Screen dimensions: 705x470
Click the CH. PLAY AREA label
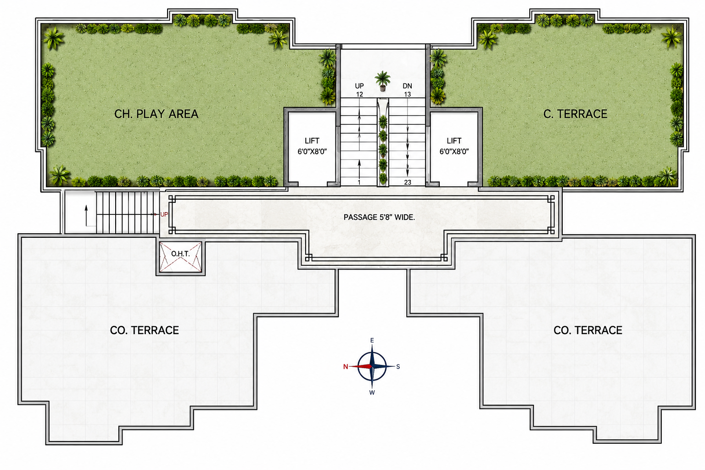pyautogui.click(x=156, y=114)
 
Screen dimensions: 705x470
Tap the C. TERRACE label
pyautogui.click(x=575, y=114)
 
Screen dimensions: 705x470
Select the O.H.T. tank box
pyautogui.click(x=180, y=257)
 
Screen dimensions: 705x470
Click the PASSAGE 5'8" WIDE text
pyautogui.click(x=379, y=217)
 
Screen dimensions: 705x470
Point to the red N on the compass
pyautogui.click(x=346, y=366)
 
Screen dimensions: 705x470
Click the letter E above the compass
pyautogui.click(x=372, y=340)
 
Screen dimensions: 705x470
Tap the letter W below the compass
pyautogui.click(x=372, y=392)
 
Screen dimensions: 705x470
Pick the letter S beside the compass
pyautogui.click(x=398, y=366)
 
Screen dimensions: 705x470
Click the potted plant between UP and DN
pyautogui.click(x=382, y=81)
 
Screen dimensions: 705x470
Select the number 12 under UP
pyautogui.click(x=359, y=94)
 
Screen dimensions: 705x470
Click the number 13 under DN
pyautogui.click(x=407, y=94)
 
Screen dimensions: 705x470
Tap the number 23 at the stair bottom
pyautogui.click(x=408, y=182)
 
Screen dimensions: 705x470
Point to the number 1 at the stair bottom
pyautogui.click(x=359, y=182)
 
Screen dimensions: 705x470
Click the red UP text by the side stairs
pyautogui.click(x=164, y=214)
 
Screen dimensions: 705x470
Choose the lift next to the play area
pyautogui.click(x=312, y=148)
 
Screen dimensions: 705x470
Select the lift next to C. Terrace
pyautogui.click(x=454, y=148)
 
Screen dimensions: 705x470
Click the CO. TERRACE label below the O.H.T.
pyautogui.click(x=145, y=330)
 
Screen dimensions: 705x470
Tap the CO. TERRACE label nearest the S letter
pyautogui.click(x=588, y=330)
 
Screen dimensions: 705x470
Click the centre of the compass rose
pyautogui.click(x=372, y=366)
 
